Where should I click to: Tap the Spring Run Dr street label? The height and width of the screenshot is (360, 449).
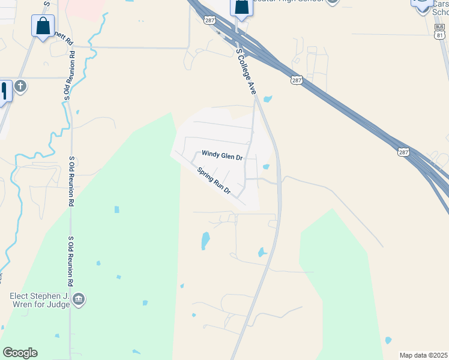point(214,180)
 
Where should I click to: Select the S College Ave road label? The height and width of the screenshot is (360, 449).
point(246,71)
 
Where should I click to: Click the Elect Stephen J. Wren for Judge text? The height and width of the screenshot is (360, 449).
point(40,299)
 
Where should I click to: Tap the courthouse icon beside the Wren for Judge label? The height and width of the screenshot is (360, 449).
point(79,299)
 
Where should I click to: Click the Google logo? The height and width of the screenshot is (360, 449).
point(20,353)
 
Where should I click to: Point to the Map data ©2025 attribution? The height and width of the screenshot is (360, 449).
point(423,355)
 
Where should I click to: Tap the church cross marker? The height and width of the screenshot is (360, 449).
point(20,86)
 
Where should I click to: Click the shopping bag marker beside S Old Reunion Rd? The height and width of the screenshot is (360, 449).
point(43,26)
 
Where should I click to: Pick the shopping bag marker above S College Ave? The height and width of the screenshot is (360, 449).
point(241,7)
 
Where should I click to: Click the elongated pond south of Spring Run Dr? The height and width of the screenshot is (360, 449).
point(205,241)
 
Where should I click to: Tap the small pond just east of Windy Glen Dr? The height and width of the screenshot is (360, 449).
point(265,167)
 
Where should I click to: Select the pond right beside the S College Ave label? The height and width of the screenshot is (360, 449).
point(268,99)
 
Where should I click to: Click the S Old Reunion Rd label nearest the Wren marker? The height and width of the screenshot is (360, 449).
point(71,261)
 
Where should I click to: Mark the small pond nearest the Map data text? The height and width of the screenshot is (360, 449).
point(388,340)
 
